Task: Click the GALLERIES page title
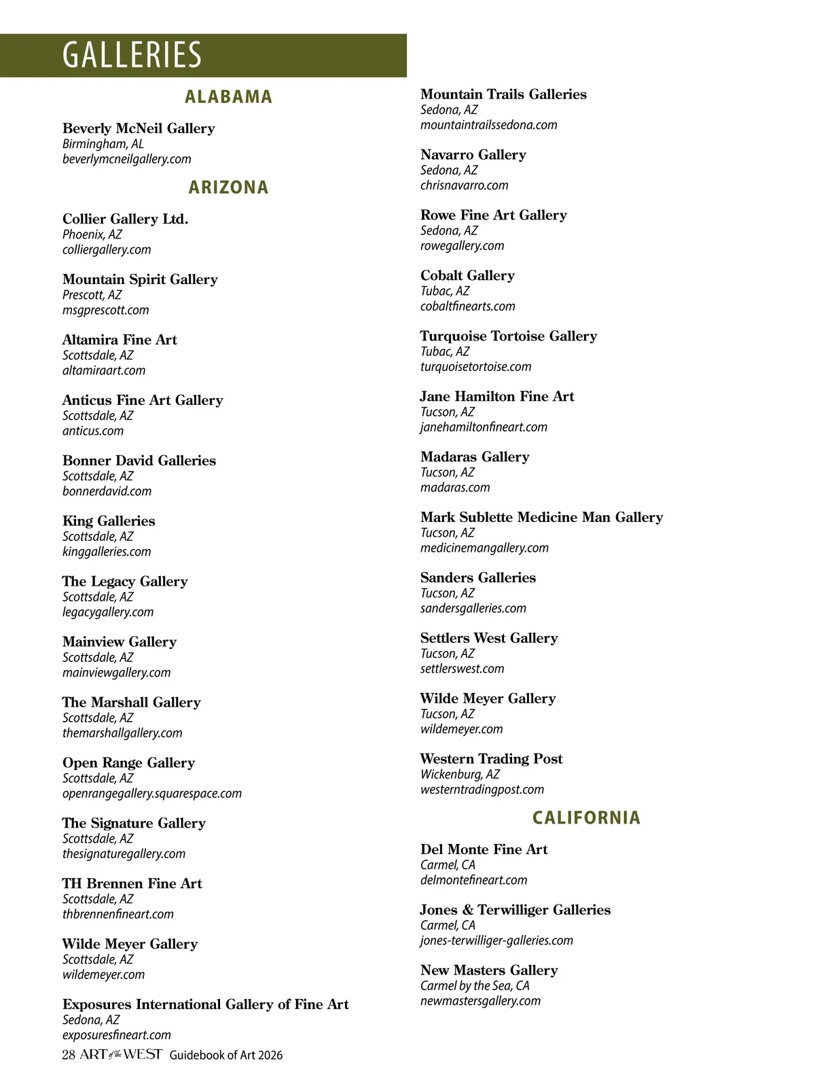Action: [132, 55]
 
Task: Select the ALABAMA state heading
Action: [228, 96]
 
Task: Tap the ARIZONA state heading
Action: [228, 187]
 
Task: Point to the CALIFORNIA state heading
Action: [586, 817]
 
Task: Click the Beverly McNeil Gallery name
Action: [139, 128]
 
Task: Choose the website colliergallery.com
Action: [107, 249]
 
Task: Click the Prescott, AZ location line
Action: [92, 295]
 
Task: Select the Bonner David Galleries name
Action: [139, 461]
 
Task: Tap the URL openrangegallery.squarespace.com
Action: [152, 793]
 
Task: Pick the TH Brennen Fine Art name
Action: [132, 883]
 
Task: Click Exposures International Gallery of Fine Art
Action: [206, 1004]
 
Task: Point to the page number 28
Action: [68, 1055]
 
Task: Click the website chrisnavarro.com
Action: [464, 185]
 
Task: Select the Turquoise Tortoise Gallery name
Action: [509, 336]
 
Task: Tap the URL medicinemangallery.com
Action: [484, 548]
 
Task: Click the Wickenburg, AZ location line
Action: [460, 774]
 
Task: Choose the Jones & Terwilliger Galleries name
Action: [515, 910]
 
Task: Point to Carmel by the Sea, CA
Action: [475, 985]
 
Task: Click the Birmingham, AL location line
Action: [103, 144]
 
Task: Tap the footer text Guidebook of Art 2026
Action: [226, 1055]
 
